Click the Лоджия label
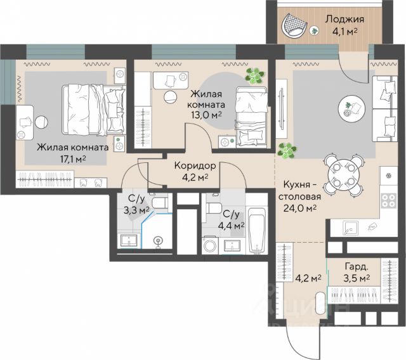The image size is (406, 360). (x=344, y=20)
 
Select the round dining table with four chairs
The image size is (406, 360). (x=344, y=176)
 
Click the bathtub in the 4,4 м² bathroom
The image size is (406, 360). (x=256, y=231)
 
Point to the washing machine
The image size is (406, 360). (x=210, y=245)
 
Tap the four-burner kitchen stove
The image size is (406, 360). (x=389, y=200)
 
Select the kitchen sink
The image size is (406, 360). (x=350, y=228)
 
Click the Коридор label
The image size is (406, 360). (x=195, y=165)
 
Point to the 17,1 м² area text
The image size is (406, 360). (x=73, y=159)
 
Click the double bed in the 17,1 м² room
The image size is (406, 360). (x=94, y=110)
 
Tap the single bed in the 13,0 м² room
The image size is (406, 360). (x=251, y=117)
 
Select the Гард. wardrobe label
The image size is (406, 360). (x=357, y=267)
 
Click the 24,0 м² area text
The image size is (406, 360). (x=300, y=209)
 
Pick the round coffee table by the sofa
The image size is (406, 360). (x=352, y=108)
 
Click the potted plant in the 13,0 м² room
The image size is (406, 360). (x=255, y=75)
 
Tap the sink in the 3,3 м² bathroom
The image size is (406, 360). (x=129, y=241)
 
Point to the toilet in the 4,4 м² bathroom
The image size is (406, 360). (x=214, y=208)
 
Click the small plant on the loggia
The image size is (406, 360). (x=315, y=31)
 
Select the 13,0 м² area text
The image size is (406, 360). (x=206, y=115)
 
